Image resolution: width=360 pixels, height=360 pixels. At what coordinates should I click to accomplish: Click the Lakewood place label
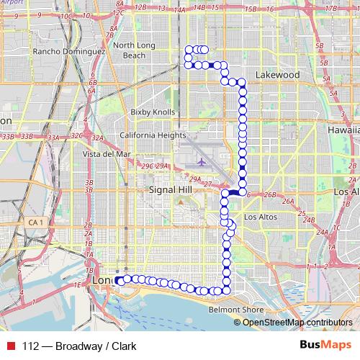click(277, 74)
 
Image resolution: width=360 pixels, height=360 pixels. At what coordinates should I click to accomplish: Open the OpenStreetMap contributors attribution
click(297, 322)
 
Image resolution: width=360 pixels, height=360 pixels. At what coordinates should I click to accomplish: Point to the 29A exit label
click(162, 166)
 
